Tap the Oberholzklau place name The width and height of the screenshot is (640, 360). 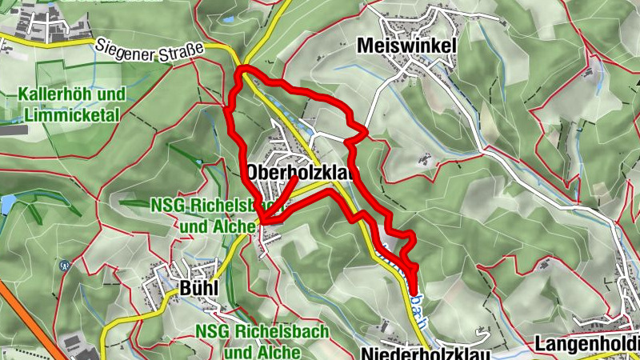click(300, 172)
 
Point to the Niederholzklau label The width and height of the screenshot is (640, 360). click(423, 353)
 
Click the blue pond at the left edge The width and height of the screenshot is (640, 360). click(6, 204)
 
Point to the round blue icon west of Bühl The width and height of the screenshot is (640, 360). click(64, 264)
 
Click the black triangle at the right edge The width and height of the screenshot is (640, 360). click(638, 82)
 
